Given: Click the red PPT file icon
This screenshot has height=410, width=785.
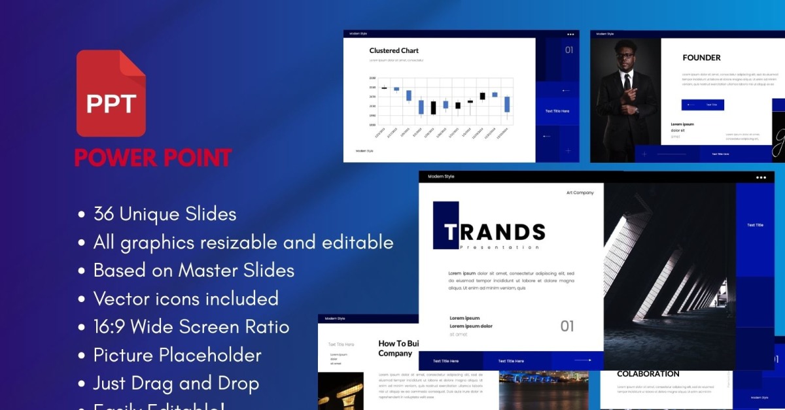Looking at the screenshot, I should pyautogui.click(x=111, y=93).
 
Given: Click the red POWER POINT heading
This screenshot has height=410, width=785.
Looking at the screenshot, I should pyautogui.click(x=153, y=158).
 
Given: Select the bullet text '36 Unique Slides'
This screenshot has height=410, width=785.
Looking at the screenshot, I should pyautogui.click(x=164, y=214).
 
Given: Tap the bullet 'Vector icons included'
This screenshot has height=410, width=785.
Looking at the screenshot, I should pyautogui.click(x=186, y=299).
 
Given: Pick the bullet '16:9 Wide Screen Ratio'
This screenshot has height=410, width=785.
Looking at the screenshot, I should pyautogui.click(x=191, y=327).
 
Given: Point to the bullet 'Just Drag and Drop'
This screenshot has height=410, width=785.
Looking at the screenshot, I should pyautogui.click(x=176, y=383).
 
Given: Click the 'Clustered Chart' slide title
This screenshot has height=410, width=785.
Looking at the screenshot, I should pyautogui.click(x=394, y=50).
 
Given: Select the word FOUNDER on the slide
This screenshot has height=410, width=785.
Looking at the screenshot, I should pyautogui.click(x=701, y=58).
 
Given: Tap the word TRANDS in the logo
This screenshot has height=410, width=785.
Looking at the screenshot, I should pyautogui.click(x=495, y=231).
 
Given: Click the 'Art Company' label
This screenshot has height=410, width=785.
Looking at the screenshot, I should pyautogui.click(x=580, y=193).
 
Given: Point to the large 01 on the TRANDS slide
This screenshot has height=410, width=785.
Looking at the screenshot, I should pyautogui.click(x=567, y=326).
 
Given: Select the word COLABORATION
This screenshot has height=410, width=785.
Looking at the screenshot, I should pyautogui.click(x=648, y=374).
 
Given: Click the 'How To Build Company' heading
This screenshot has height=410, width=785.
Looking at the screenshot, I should pyautogui.click(x=398, y=348).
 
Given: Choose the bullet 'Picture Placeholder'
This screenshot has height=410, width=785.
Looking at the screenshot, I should pyautogui.click(x=177, y=355).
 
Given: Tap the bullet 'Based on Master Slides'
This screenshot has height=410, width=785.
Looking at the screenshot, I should pyautogui.click(x=194, y=270).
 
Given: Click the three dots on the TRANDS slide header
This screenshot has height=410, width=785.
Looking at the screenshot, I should pyautogui.click(x=761, y=177).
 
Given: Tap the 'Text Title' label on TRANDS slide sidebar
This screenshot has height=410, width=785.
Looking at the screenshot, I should pyautogui.click(x=755, y=225).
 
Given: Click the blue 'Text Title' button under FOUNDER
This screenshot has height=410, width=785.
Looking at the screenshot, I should pyautogui.click(x=703, y=105).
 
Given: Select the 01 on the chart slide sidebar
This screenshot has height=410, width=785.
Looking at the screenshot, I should pyautogui.click(x=568, y=50).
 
